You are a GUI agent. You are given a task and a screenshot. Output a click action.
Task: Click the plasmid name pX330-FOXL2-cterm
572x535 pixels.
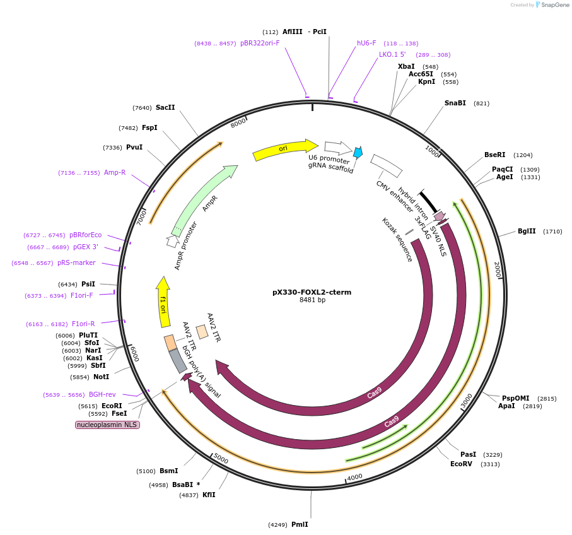point(312,292)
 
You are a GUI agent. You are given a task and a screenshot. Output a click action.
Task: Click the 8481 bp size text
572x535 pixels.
point(312,300)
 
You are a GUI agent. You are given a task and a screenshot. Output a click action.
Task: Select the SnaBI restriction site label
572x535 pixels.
point(455,103)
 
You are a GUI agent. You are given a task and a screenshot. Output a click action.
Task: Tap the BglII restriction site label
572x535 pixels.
point(527,231)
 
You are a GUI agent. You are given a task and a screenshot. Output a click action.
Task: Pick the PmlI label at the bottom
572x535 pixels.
point(300,524)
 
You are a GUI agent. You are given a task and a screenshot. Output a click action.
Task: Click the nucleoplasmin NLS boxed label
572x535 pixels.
point(107,425)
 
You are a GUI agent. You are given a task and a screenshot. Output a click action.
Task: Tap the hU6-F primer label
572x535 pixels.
point(366,43)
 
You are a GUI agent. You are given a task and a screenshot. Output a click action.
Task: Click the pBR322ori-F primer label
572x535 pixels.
point(260,43)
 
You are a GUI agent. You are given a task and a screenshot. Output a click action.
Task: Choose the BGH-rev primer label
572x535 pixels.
point(102,394)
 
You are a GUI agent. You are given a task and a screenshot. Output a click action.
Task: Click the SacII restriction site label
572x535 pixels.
point(165,107)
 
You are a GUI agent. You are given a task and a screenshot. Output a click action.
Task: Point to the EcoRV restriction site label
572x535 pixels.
point(461,464)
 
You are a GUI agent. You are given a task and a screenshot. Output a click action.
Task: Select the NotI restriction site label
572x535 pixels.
point(102,377)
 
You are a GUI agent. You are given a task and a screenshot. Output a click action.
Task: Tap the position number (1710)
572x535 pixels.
point(552,232)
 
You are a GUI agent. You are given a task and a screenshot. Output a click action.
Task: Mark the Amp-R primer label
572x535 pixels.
point(115,172)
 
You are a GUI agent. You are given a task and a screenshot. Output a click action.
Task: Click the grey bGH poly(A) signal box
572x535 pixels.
point(178,360)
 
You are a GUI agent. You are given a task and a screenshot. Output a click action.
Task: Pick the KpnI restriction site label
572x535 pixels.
point(426,81)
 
